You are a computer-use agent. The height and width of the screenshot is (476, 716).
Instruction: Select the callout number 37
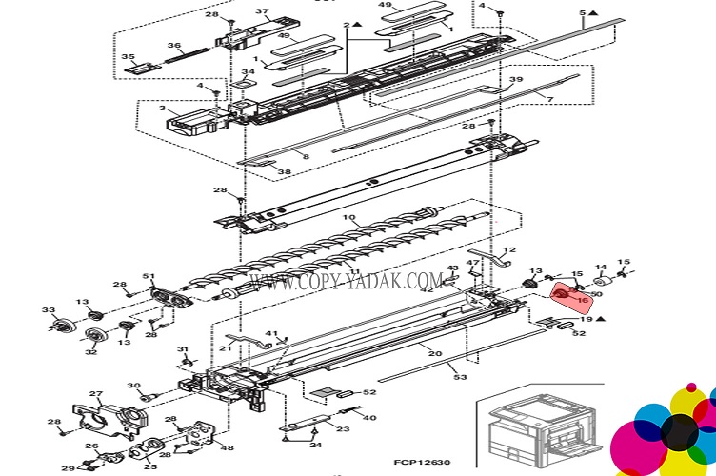(x=263, y=12)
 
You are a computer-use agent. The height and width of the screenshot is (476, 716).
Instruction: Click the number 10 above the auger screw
(x=351, y=219)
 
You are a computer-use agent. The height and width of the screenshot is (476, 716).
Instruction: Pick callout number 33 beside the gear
(x=48, y=310)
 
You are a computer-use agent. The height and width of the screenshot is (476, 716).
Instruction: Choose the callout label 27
(x=95, y=393)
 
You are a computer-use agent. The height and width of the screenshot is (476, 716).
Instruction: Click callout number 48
(x=228, y=448)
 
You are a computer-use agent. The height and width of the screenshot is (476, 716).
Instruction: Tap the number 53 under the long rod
(x=461, y=378)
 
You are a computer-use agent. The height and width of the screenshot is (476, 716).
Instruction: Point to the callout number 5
(x=583, y=13)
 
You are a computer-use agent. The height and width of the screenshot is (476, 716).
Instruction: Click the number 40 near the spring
(x=369, y=418)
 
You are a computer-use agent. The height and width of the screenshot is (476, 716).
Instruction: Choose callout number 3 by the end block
(x=163, y=109)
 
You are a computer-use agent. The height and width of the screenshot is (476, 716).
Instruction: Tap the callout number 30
(x=133, y=386)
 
